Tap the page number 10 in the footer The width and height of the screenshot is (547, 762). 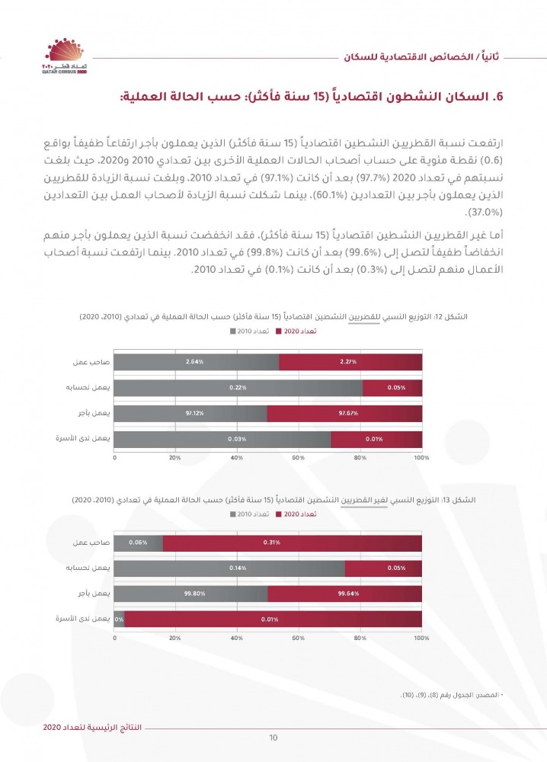coord(273,738)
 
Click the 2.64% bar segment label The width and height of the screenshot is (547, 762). coord(194,361)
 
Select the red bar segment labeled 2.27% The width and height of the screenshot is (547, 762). coord(350,361)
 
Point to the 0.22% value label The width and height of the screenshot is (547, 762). coord(238,388)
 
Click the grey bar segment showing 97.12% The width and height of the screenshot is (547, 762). coord(190,413)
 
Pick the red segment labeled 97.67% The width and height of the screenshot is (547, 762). coord(344,413)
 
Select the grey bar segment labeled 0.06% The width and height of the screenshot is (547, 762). coord(139,543)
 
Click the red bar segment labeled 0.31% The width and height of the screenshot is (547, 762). coord(291,543)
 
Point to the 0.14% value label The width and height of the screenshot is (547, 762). coord(238,568)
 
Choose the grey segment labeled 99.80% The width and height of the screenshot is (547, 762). coord(190,594)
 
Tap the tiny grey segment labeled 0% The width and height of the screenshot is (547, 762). coord(119,620)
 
